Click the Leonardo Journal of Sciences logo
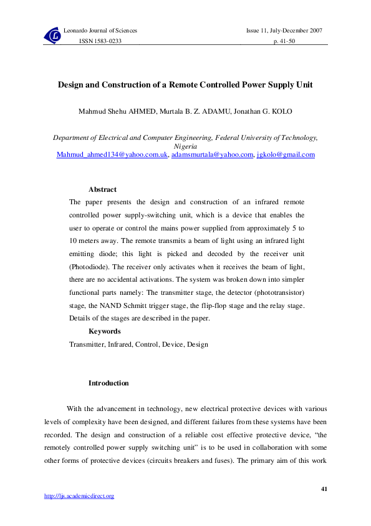53,36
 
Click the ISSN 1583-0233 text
100,41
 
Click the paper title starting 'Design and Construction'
185,84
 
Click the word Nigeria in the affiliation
185,146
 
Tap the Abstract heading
102,189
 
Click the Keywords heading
104,331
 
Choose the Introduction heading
108,383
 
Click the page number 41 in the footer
324,488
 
